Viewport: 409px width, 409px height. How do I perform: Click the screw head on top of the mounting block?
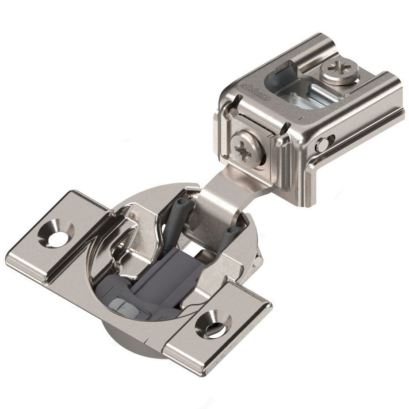(339, 72)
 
